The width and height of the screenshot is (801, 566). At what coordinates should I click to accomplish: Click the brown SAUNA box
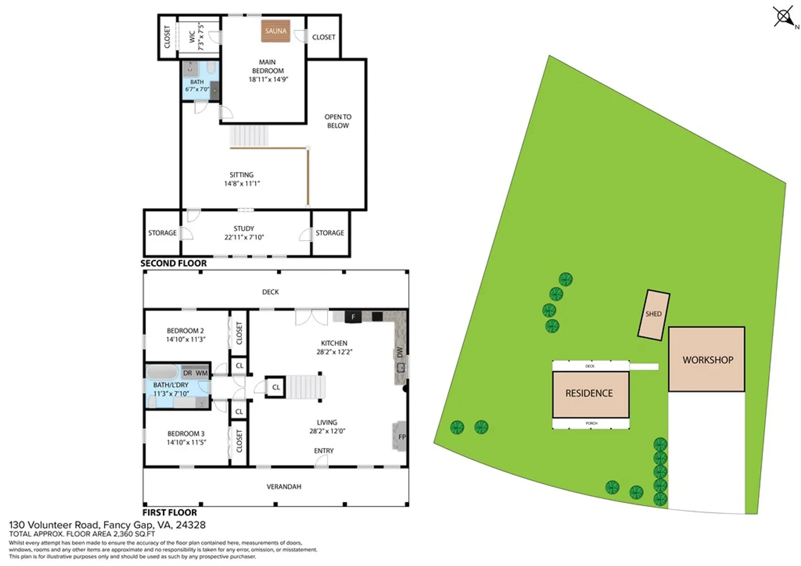tap(275, 31)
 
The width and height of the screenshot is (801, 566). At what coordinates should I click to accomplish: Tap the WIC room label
tap(192, 37)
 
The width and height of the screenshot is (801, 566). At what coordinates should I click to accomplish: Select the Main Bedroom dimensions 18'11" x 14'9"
tap(268, 79)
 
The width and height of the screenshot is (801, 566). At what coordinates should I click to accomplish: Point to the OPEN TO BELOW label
tap(338, 121)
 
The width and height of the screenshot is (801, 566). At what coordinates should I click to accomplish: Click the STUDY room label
tap(244, 228)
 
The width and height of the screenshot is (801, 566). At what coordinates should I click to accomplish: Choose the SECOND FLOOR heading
tap(174, 264)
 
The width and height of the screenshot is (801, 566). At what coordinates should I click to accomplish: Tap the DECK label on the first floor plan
tap(270, 292)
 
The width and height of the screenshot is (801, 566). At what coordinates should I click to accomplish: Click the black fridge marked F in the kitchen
tap(353, 317)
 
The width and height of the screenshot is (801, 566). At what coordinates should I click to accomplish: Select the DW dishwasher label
tap(400, 352)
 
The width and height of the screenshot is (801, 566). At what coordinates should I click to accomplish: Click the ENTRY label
tap(323, 451)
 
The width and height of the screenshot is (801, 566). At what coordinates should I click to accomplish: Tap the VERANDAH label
tap(284, 487)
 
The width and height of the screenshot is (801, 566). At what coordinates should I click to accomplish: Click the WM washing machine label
tap(202, 373)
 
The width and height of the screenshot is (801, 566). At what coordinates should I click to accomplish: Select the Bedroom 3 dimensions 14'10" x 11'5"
tap(186, 442)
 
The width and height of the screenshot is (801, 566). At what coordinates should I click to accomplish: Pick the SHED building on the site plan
tap(654, 314)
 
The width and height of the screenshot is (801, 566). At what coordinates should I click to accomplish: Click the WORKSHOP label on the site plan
tap(708, 360)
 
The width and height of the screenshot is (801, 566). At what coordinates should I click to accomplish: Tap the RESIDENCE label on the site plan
tap(589, 393)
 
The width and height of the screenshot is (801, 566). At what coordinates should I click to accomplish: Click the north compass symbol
tap(784, 16)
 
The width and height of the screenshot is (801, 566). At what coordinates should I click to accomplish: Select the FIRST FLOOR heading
tap(169, 513)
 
